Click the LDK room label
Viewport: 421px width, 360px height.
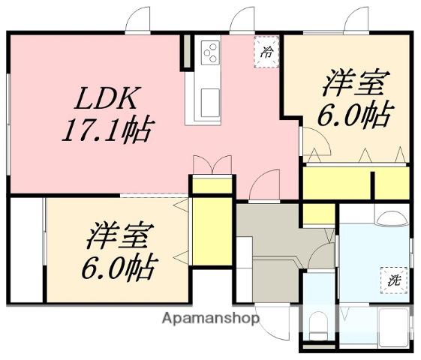click(107, 98)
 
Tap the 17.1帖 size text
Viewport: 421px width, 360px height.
click(108, 130)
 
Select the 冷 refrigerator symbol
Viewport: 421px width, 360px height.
click(266, 52)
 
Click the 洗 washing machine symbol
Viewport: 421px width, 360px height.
click(394, 280)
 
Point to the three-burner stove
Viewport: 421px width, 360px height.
click(210, 52)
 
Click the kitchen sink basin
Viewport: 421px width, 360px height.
click(210, 103)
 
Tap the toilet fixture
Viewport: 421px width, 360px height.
click(317, 326)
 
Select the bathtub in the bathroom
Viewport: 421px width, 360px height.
click(393, 328)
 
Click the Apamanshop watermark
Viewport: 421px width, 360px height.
click(211, 319)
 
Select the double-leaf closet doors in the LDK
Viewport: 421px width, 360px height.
click(212, 166)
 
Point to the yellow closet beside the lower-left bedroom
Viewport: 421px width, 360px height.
click(212, 232)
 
